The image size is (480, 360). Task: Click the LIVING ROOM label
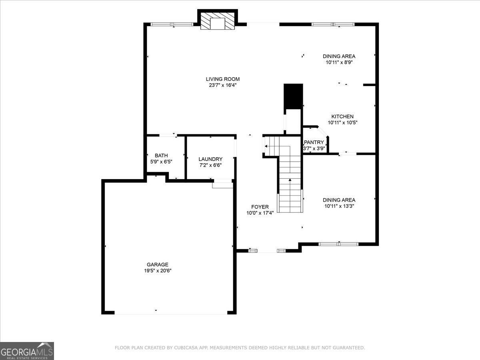click(x=223, y=79)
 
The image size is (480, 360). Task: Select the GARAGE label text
click(x=157, y=264)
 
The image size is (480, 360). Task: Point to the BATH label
click(x=161, y=156)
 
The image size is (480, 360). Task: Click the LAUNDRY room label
click(x=210, y=159)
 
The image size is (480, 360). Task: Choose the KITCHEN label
click(x=342, y=116)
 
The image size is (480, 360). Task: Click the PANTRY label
click(x=314, y=142)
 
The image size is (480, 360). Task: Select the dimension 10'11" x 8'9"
click(x=339, y=62)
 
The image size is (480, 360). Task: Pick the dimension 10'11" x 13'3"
click(x=339, y=206)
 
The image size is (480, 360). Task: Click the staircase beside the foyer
click(x=290, y=184)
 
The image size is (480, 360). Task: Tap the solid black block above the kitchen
click(x=293, y=96)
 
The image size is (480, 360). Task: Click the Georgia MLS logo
click(x=27, y=351)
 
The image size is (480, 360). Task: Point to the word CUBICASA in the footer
click(x=185, y=348)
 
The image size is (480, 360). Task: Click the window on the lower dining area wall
click(x=338, y=244)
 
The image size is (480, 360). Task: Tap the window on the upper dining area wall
click(x=333, y=24)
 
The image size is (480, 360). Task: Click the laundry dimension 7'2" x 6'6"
click(x=210, y=165)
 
